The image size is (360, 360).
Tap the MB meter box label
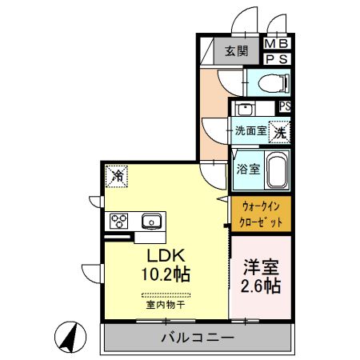click(x=278, y=45)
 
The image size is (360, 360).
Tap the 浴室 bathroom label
click(x=247, y=169)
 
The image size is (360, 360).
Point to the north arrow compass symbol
click(x=70, y=337)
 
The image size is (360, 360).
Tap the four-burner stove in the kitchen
click(x=119, y=221)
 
